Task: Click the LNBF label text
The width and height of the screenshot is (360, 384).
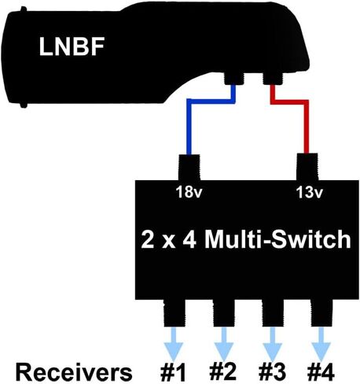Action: pos(72,46)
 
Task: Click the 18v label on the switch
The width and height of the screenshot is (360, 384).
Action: pos(189,192)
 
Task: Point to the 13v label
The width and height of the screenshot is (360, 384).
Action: pos(309,192)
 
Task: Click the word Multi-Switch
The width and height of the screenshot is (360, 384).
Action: pos(277,239)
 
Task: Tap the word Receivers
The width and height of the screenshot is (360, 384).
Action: pos(74,372)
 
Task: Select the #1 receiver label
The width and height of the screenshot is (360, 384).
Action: pos(173,372)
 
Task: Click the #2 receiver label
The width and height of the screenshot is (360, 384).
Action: pos(223,372)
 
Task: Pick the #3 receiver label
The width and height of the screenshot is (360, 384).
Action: pos(272,372)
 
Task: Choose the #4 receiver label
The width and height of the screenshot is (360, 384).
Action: pos(321,372)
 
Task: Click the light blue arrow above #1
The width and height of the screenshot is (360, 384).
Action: pos(174,344)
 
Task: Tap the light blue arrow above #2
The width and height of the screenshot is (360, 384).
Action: pos(223,344)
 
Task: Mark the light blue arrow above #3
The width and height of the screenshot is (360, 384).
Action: pos(273,344)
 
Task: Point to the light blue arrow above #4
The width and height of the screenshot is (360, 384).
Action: pos(321,344)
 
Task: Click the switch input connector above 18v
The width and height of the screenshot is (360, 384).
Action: pos(189,168)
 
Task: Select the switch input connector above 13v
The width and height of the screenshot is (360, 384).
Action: pos(307,167)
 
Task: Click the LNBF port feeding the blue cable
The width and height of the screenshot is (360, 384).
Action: pos(234,78)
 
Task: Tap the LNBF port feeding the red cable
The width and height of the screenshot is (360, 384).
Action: pos(273,78)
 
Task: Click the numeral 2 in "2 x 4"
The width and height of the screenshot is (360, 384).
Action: pos(147,240)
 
